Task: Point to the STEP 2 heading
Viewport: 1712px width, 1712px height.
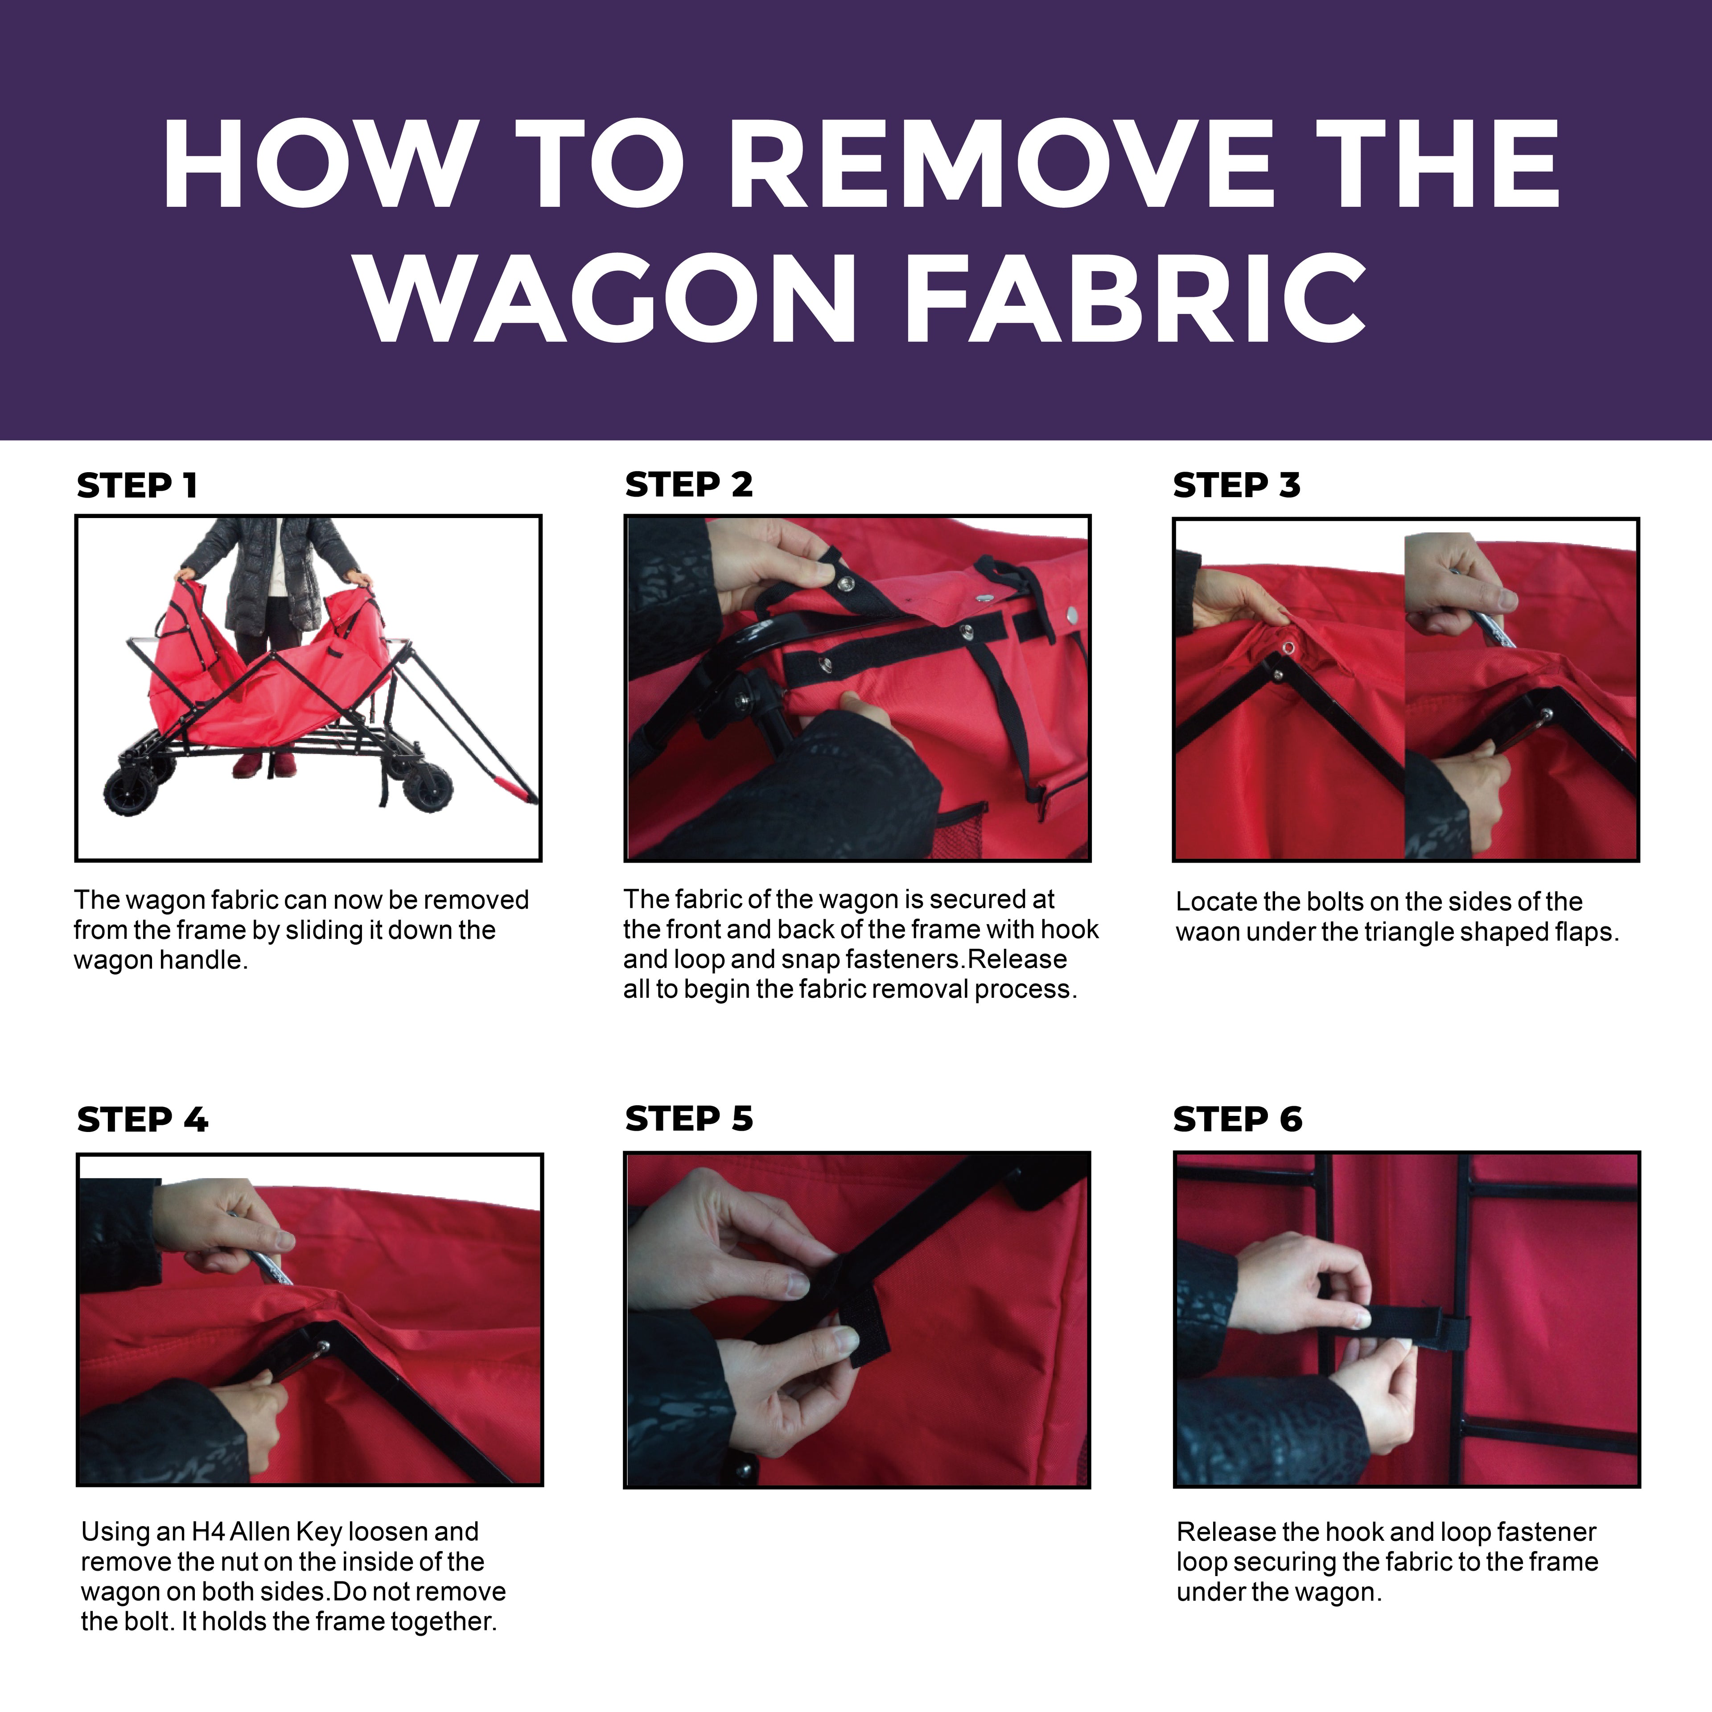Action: click(x=688, y=485)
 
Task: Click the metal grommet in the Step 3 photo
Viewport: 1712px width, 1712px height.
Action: click(x=1288, y=648)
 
